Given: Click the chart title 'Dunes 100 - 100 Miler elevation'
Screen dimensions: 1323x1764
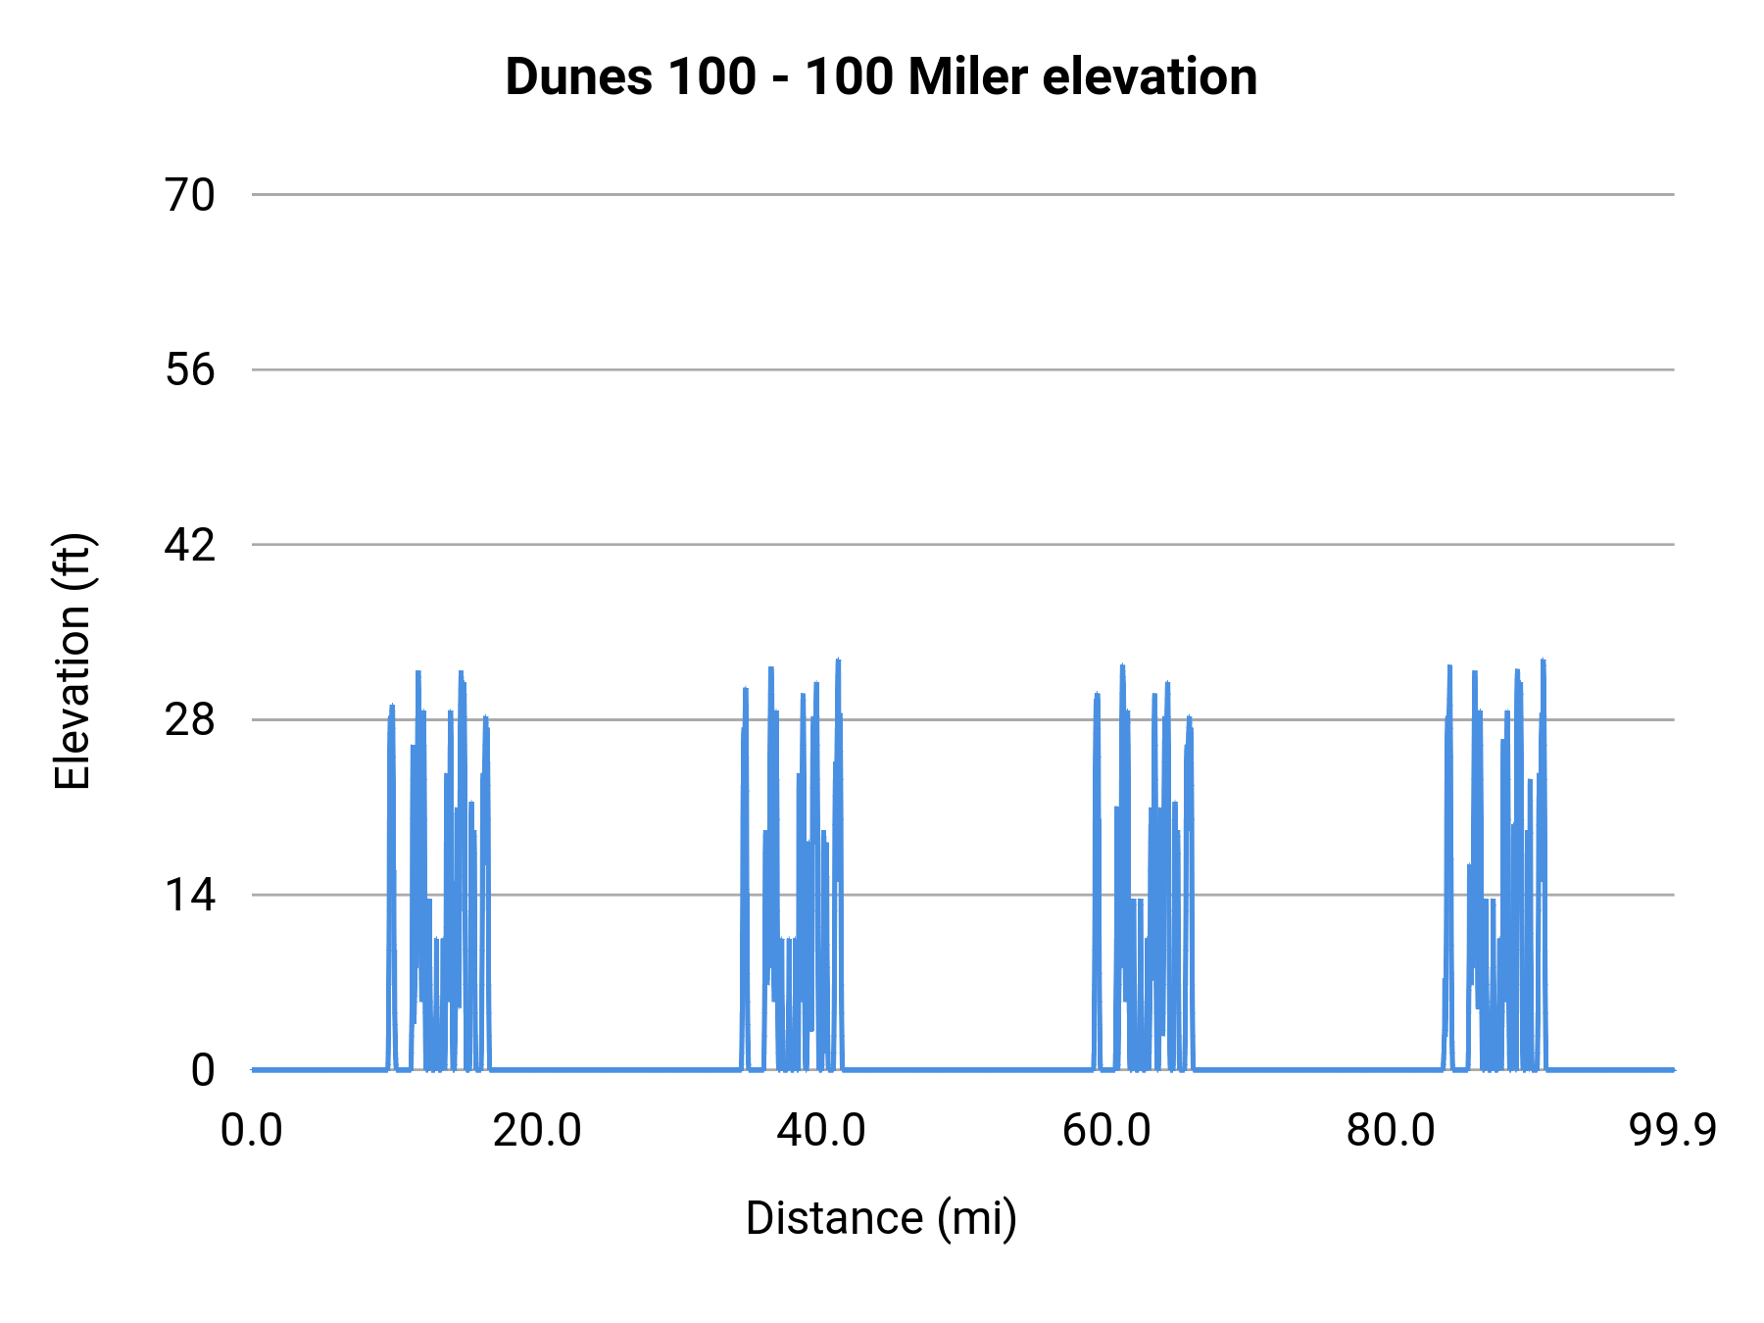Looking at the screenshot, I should click(x=881, y=77).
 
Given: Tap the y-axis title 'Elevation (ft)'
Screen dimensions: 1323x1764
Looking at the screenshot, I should click(x=73, y=661).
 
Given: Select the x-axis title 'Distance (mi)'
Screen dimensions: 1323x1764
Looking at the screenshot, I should click(x=881, y=1218).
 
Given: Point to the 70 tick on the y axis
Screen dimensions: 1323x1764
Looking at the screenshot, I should click(x=190, y=195).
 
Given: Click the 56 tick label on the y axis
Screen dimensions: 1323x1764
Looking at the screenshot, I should click(x=190, y=370).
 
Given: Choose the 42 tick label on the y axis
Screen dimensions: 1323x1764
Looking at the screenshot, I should click(x=190, y=545).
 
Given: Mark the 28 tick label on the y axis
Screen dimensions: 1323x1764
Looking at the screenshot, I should click(x=190, y=720).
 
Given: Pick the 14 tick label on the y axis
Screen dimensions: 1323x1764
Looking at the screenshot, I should click(x=190, y=895).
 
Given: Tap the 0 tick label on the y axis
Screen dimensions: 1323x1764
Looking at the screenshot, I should click(x=203, y=1070).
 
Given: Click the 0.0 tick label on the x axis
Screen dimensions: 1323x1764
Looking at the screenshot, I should click(x=252, y=1131).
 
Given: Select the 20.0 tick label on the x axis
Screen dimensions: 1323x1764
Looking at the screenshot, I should click(x=537, y=1131).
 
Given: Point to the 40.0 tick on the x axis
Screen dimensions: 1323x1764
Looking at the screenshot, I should click(x=821, y=1131).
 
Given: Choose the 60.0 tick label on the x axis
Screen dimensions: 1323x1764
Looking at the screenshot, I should click(x=1106, y=1131).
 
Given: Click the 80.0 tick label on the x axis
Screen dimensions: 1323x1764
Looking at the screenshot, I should click(x=1391, y=1131).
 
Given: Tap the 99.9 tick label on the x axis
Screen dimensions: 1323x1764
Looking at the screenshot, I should click(x=1673, y=1131).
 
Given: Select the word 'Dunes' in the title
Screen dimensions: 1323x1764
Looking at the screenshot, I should click(x=578, y=77).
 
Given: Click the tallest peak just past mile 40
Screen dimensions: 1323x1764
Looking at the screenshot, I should click(x=838, y=661).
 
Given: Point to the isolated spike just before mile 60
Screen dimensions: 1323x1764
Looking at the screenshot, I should click(x=1097, y=696).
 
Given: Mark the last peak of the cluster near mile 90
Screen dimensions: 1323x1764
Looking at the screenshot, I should click(x=1543, y=661).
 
